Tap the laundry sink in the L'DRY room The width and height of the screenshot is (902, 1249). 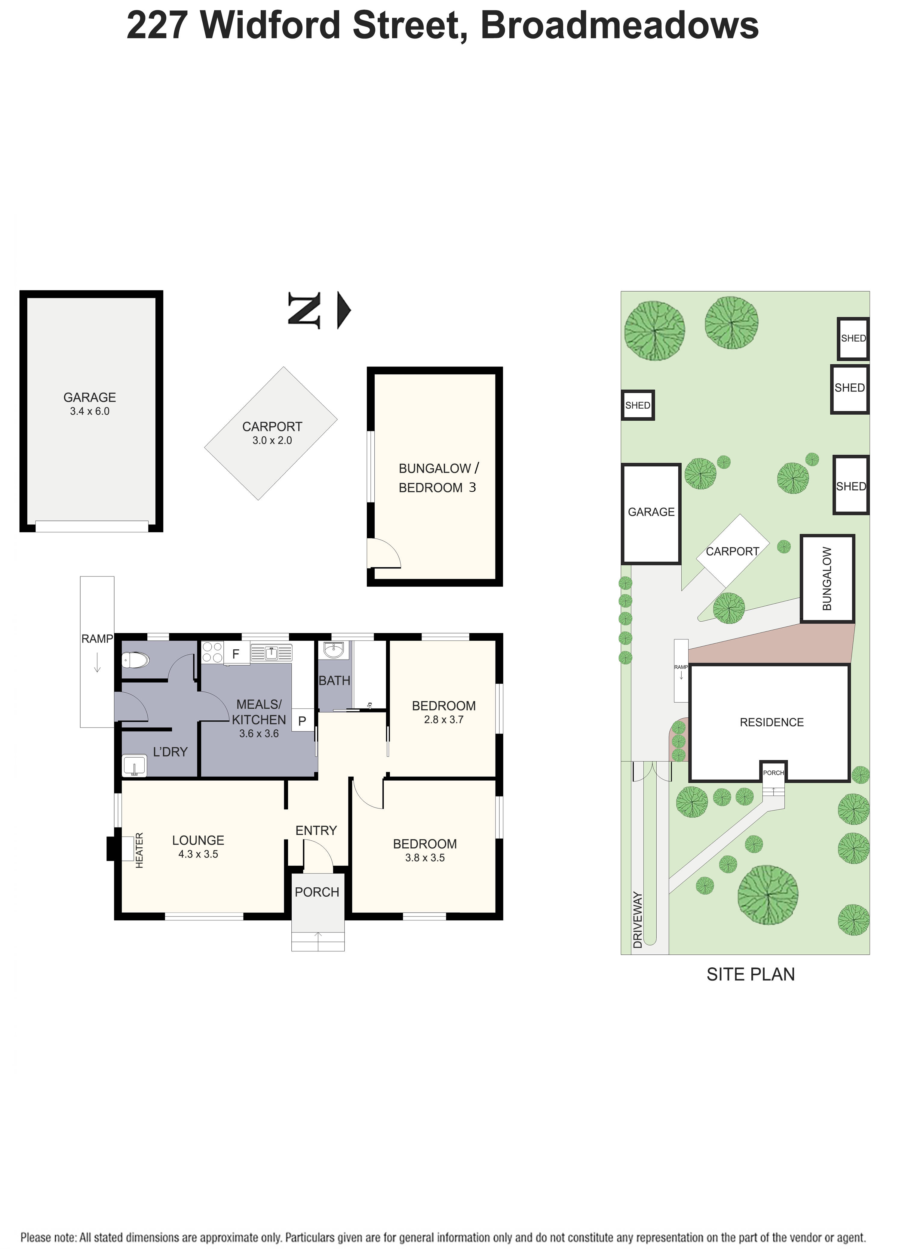point(134,766)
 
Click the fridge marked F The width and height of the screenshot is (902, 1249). point(236,654)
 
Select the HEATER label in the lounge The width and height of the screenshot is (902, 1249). point(139,850)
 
